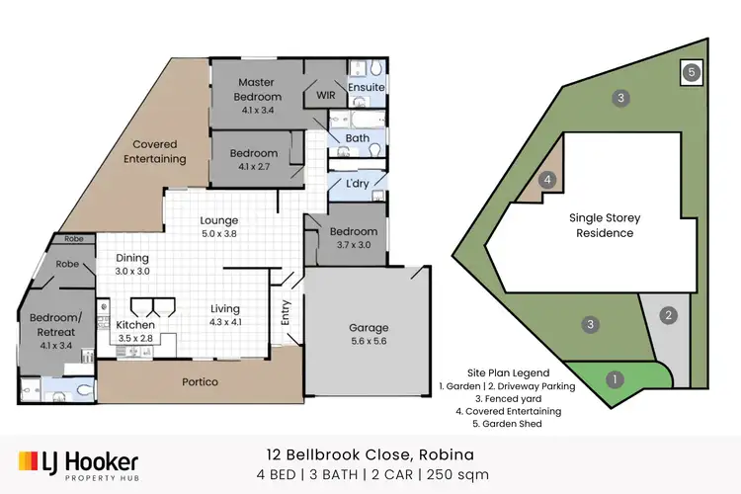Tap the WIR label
[325, 96]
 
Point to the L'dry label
[357, 184]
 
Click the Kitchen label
[135, 324]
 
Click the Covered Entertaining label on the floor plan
[154, 151]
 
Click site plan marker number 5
[692, 72]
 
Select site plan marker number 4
[546, 181]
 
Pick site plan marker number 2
[669, 316]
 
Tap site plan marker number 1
[615, 378]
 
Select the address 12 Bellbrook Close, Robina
[370, 455]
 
